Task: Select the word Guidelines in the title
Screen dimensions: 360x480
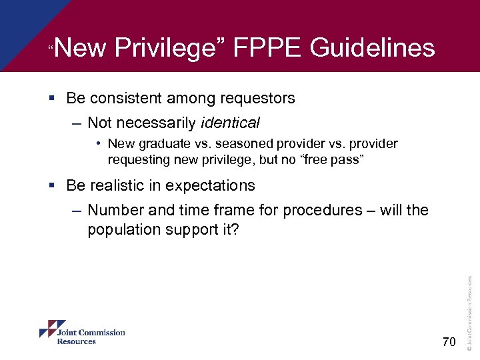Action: [373, 48]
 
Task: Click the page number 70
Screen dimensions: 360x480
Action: [449, 343]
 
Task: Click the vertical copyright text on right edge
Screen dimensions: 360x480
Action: [470, 313]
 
